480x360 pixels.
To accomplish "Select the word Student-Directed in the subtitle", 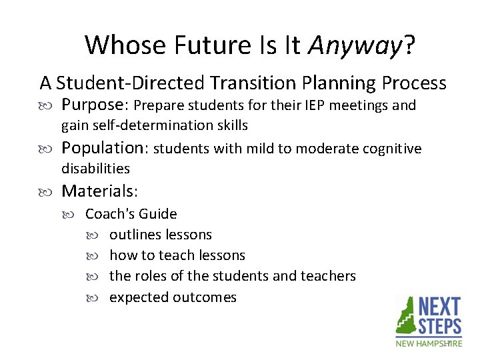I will click(131, 83).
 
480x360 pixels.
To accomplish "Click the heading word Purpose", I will click(95, 105).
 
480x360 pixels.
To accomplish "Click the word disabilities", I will click(95, 168).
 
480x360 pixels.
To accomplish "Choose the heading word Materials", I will click(99, 191).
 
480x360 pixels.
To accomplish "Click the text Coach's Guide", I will click(131, 214).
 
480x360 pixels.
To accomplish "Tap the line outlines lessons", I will click(161, 235).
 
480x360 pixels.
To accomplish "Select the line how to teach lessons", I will click(177, 255).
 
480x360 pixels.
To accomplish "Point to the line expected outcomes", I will click(173, 297).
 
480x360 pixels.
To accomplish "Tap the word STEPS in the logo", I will click(439, 326).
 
